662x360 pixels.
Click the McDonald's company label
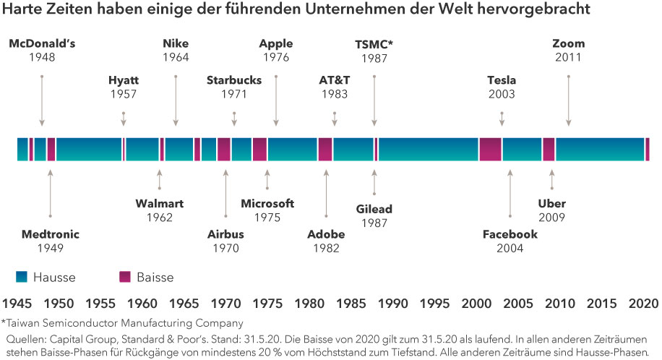coord(42,43)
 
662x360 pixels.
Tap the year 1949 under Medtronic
coord(50,248)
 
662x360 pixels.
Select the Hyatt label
coord(124,80)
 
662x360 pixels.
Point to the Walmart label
coord(160,204)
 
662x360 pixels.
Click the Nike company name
coord(176,43)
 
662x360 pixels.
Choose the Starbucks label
coord(233,80)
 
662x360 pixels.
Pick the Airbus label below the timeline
coord(225,234)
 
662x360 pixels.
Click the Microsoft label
coord(267,204)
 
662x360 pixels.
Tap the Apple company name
coord(276,43)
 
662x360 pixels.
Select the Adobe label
coord(326,234)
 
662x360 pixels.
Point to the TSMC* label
coord(374,43)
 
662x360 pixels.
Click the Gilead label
coord(374,210)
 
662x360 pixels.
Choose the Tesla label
coord(502,80)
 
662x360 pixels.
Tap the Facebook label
coord(510,234)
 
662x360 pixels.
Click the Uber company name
coord(551,204)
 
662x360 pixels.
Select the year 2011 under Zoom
coord(568,57)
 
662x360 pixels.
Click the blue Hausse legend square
coord(20,277)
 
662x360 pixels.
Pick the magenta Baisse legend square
coord(124,277)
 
